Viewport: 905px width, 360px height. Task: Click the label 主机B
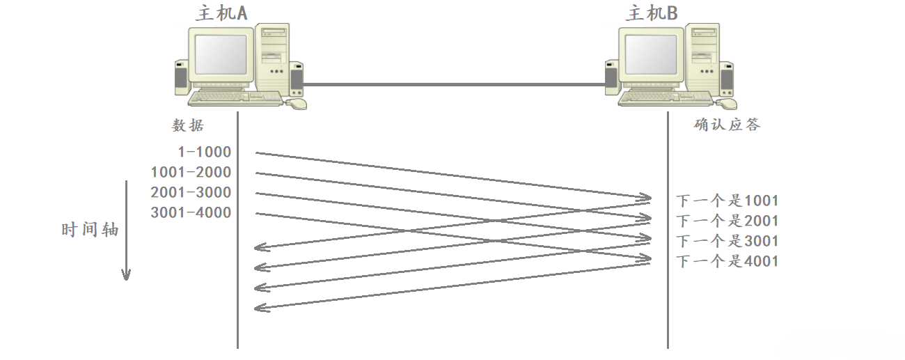[x=652, y=13]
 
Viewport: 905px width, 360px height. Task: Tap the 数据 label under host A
[x=189, y=125]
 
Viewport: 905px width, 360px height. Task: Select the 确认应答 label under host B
[x=727, y=125]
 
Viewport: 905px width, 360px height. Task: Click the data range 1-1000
[x=204, y=152]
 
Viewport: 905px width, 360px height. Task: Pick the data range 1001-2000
[x=191, y=173]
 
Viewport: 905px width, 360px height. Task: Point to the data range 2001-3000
[x=191, y=193]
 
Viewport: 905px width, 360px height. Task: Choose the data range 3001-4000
[x=191, y=213]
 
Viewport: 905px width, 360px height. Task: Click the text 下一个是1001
[x=727, y=201]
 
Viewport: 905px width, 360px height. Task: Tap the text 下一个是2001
[x=727, y=221]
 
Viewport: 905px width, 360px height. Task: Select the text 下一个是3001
[x=727, y=242]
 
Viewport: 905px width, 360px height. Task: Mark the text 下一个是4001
[x=727, y=262]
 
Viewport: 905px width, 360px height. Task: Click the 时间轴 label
[x=90, y=230]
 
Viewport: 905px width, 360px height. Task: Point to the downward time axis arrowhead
[x=126, y=274]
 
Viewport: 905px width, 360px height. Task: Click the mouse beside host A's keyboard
[x=297, y=103]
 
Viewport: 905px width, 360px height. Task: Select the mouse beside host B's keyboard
[x=727, y=103]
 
